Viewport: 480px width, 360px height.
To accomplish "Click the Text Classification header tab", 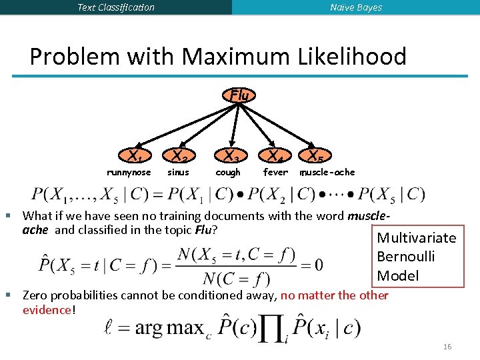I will tap(116, 7).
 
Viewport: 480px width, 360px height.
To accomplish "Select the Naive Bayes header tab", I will tap(356, 7).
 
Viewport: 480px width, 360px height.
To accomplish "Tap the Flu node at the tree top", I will tap(239, 95).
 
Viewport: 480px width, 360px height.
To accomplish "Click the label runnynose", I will tap(129, 173).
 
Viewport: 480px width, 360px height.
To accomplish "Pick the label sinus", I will tap(178, 173).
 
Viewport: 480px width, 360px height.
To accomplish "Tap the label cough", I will tap(228, 173).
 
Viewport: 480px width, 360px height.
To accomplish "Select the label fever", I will tap(275, 173).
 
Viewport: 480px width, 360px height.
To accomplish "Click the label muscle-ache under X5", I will tap(327, 173).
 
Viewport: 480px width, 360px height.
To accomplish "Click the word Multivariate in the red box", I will tap(417, 238).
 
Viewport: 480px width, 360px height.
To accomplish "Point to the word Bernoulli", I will tap(406, 257).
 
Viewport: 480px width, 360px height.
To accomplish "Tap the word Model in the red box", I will tap(398, 275).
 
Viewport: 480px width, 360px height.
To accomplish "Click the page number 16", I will tap(447, 347).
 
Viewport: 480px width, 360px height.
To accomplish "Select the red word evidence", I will tap(46, 310).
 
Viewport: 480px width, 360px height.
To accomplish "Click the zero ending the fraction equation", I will tap(318, 265).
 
